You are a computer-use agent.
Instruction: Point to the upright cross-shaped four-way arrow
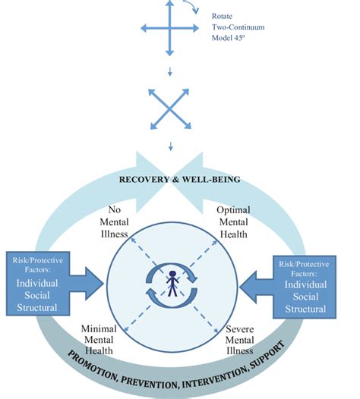coord(169,30)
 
